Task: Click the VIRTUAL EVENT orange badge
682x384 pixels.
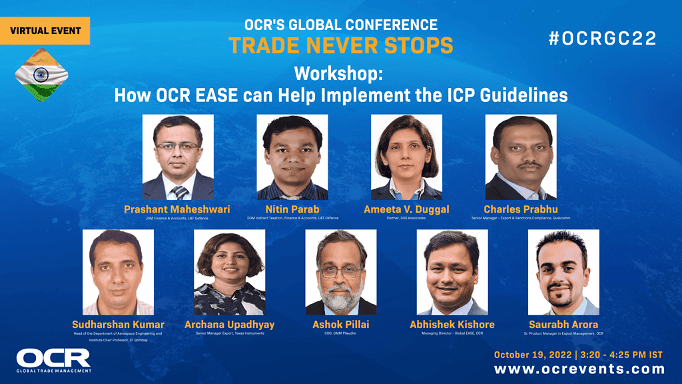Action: coord(45,31)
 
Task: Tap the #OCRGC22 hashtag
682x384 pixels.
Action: coord(602,39)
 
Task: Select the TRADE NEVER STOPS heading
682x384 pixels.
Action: coord(340,45)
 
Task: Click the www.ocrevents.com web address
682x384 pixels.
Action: coord(579,369)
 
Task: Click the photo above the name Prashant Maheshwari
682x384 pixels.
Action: coord(178,157)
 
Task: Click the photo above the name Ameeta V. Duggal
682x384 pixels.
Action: coord(406,157)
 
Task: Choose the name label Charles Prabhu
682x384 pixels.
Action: coord(521,209)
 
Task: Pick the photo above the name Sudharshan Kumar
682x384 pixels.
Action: coord(118,272)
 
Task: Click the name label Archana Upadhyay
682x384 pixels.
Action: coord(230,325)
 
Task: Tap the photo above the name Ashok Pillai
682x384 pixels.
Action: coord(341,272)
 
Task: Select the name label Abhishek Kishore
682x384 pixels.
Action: coord(452,325)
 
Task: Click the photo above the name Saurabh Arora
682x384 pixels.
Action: coord(563,272)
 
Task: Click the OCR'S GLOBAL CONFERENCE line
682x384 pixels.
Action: coord(340,25)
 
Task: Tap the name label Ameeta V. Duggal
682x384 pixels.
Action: coord(406,209)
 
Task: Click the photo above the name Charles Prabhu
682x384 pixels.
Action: coord(521,157)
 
